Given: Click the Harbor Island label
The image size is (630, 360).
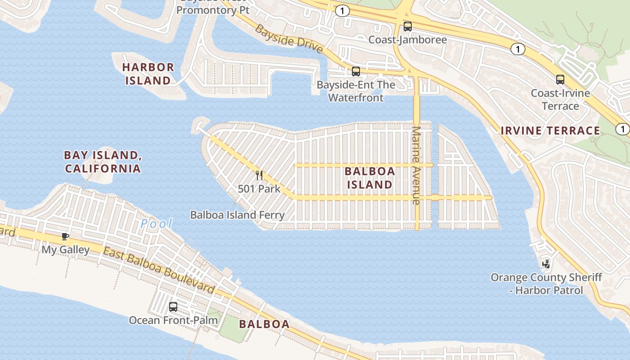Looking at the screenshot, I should tap(148, 74).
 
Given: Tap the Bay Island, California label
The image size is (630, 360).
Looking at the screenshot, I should tap(103, 162).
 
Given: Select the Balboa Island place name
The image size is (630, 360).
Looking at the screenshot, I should tap(369, 178).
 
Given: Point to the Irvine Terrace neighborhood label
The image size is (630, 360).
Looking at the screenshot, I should tap(550, 131).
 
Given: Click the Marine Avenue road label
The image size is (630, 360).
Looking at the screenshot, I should tap(416, 166).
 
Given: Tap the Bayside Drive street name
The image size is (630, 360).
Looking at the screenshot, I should tap(289, 39).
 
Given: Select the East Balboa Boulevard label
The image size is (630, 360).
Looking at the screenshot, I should tap(158, 270).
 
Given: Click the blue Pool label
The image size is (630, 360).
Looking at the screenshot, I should tap(156, 223).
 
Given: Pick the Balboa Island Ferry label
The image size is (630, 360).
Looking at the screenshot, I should tap(237, 215).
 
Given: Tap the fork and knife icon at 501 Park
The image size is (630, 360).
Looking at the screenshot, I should tap(259, 175).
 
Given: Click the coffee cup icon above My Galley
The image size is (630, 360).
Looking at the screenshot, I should tap(65, 237).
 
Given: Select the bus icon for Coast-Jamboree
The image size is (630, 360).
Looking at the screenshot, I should tap(407, 27).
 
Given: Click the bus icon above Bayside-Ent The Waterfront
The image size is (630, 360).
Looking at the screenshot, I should tap(355, 72).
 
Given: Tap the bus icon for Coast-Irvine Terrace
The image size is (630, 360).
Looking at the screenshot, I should tap(560, 80).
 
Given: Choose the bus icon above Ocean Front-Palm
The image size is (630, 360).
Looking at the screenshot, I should tap(173, 307).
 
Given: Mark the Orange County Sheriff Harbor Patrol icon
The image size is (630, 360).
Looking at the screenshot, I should tap(546, 264).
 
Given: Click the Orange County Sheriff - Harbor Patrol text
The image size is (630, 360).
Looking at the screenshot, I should tap(546, 283).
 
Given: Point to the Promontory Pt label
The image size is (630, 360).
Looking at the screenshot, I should tap(212, 10).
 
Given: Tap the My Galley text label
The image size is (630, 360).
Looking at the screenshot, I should tap(65, 249).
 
